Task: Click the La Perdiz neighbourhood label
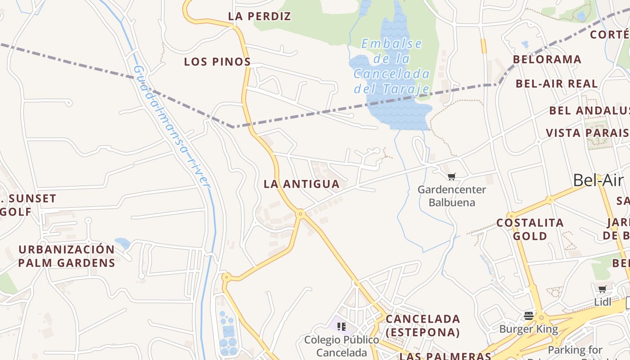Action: tap(260, 16)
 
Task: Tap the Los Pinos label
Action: tap(217, 62)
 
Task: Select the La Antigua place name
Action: tap(301, 184)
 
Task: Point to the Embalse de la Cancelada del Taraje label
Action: tap(392, 66)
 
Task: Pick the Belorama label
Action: tap(547, 59)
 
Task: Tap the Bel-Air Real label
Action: tap(557, 84)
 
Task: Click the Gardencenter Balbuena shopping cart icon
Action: tap(452, 177)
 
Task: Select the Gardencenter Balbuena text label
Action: tap(452, 196)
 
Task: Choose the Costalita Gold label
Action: tap(530, 229)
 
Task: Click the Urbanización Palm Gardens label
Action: tap(67, 256)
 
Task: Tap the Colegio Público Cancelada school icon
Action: tap(341, 326)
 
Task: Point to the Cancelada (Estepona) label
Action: tap(423, 325)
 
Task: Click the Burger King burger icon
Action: tap(529, 315)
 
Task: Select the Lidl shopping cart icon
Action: tap(602, 289)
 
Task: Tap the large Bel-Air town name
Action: tap(598, 180)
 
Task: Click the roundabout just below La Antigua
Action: tap(300, 214)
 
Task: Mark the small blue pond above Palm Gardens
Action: tap(122, 243)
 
